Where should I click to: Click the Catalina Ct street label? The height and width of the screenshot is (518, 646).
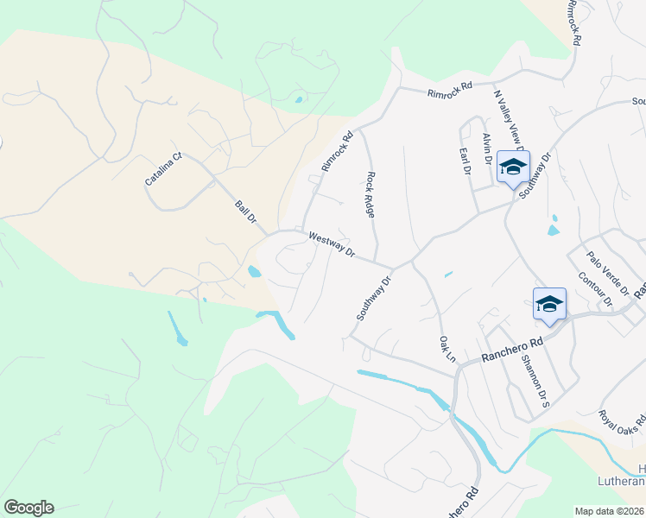[164, 169]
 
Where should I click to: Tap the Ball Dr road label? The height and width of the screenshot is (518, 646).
[246, 213]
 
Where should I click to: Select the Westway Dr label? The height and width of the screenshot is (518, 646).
[332, 244]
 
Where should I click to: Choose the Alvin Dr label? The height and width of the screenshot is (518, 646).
[487, 148]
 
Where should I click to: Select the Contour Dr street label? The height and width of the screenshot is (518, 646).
[595, 290]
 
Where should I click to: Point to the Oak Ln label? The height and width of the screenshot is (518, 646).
[446, 350]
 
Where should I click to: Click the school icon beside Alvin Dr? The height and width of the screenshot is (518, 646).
[513, 167]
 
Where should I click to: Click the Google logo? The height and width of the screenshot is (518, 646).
[28, 508]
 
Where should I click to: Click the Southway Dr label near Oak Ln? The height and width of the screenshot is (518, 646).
[375, 299]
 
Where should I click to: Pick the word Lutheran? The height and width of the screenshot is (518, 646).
[617, 483]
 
